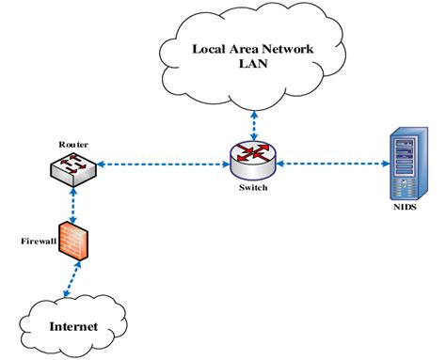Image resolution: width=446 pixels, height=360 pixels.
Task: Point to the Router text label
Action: tap(73, 144)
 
